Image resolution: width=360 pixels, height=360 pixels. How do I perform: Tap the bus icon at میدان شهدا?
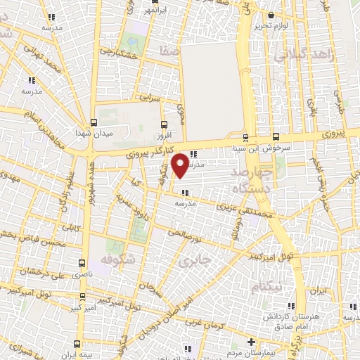tap(94, 122)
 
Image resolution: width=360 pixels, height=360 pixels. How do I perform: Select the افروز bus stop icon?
tap(165, 122)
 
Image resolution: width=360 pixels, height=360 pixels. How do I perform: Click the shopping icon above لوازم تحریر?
tap(272, 14)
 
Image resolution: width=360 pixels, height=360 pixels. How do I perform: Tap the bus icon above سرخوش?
tap(274, 136)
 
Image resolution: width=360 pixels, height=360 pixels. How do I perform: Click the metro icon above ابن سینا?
tap(245, 137)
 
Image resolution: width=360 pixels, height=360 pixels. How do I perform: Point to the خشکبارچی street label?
tap(119, 51)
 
